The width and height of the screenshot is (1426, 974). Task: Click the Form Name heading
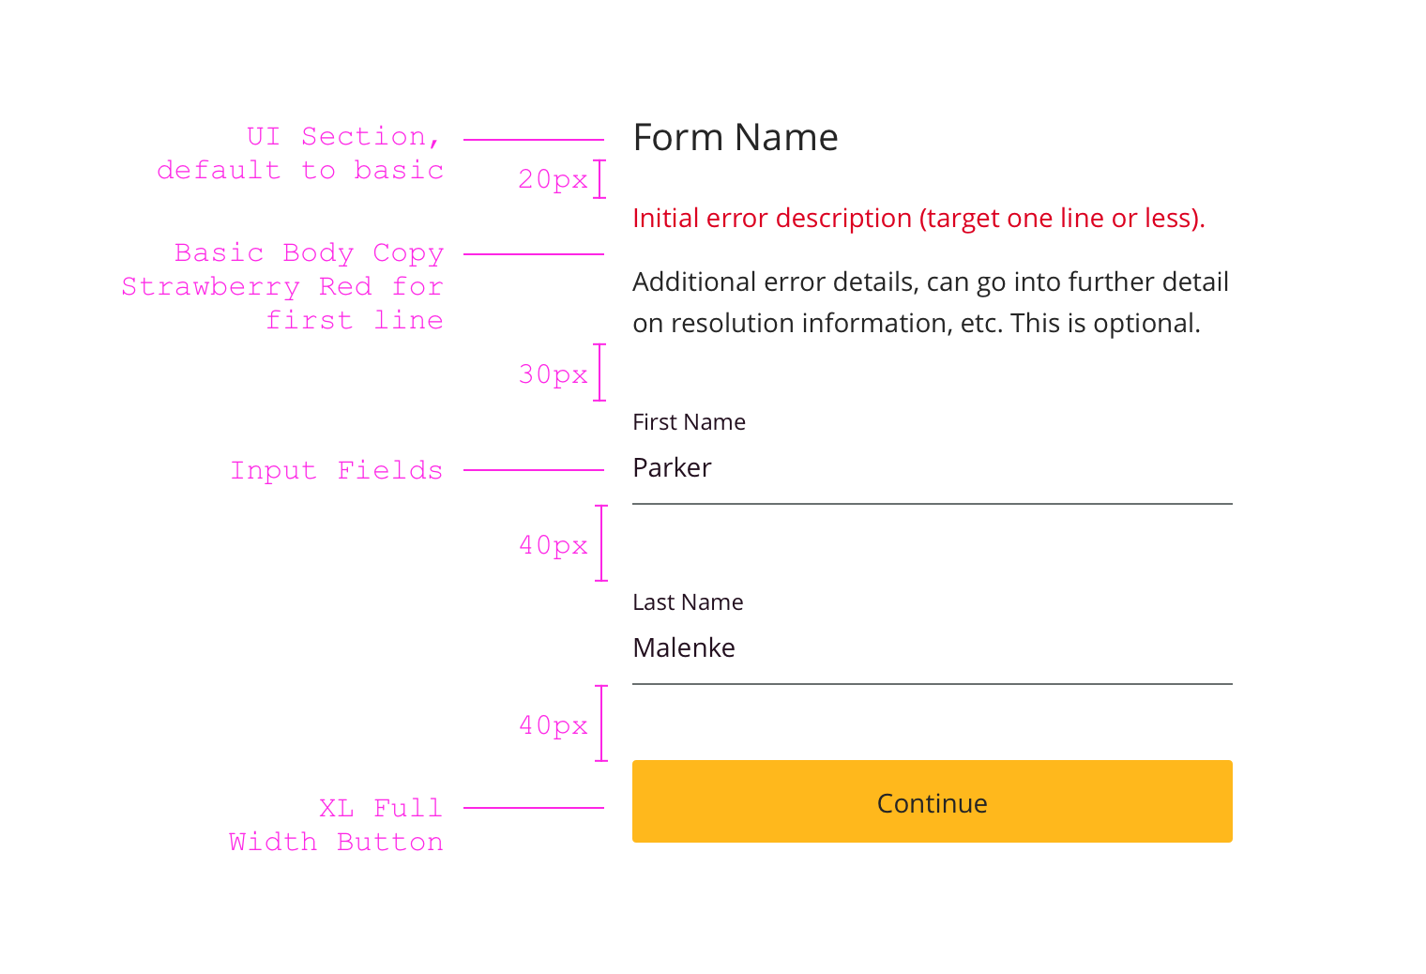coord(736,138)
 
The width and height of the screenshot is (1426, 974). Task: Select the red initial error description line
coord(918,219)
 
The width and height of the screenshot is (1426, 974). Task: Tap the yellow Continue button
coord(932,801)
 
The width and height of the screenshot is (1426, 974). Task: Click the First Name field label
coord(689,422)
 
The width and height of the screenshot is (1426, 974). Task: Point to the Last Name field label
coord(688,602)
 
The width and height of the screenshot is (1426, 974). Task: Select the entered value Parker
coord(672,467)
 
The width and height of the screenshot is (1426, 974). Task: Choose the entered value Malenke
coord(684,647)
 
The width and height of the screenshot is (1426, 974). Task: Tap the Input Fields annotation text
coord(336,470)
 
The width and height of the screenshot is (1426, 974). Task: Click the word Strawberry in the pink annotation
coord(210,287)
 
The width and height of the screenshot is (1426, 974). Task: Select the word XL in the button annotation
coord(336,808)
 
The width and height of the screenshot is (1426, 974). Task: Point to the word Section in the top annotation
coord(363,137)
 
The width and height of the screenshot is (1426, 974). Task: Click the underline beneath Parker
coord(932,504)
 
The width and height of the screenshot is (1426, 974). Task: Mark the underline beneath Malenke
coord(932,684)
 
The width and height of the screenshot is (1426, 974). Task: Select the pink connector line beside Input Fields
coord(533,470)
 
